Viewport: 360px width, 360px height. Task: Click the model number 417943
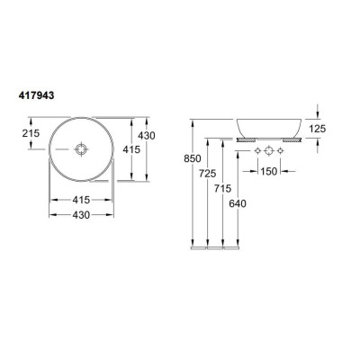pos(37,95)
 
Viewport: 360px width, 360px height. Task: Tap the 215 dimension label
pos(31,133)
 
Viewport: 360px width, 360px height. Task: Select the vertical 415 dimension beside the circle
pos(131,149)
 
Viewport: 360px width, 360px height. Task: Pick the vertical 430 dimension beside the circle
pos(147,136)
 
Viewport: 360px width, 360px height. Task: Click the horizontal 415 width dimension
pos(81,200)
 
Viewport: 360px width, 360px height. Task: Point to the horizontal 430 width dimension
pos(81,215)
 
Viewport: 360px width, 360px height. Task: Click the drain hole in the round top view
pos(81,149)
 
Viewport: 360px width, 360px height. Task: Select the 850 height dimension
pos(193,158)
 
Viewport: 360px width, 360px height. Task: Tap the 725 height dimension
pos(207,174)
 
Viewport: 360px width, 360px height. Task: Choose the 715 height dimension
pos(222,188)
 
